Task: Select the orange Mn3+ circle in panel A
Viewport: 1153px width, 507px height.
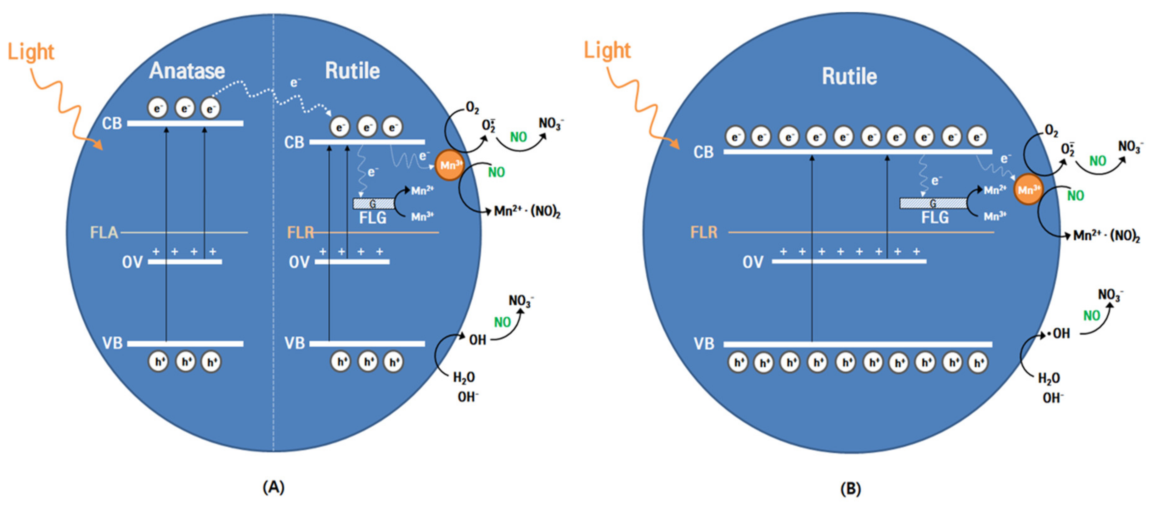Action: [x=449, y=165]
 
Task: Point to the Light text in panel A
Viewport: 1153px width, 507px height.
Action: [x=31, y=52]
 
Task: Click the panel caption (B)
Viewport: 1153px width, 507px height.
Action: [x=850, y=488]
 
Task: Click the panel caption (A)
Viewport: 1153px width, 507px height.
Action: [x=273, y=487]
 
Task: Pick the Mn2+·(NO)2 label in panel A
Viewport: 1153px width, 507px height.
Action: [x=527, y=211]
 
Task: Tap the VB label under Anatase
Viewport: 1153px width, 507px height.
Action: [x=112, y=343]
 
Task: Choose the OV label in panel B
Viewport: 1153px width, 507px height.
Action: [x=752, y=262]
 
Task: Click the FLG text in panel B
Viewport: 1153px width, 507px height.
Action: [x=935, y=218]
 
